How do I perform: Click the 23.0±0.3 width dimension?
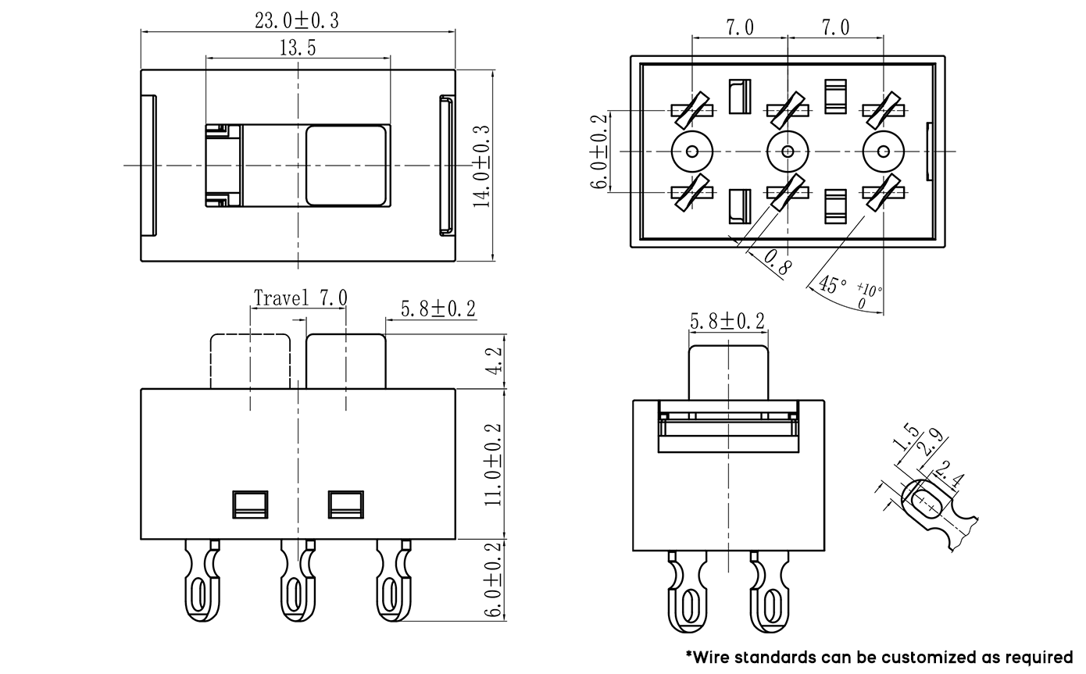pos(297,20)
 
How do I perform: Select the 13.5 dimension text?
pos(298,48)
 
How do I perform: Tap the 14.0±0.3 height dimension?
pos(482,166)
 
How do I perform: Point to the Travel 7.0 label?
pos(301,298)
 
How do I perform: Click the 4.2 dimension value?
pos(494,361)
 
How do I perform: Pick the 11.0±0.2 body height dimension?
pos(493,464)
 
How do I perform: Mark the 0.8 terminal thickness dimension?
pos(777,262)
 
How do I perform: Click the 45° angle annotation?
pos(832,285)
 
